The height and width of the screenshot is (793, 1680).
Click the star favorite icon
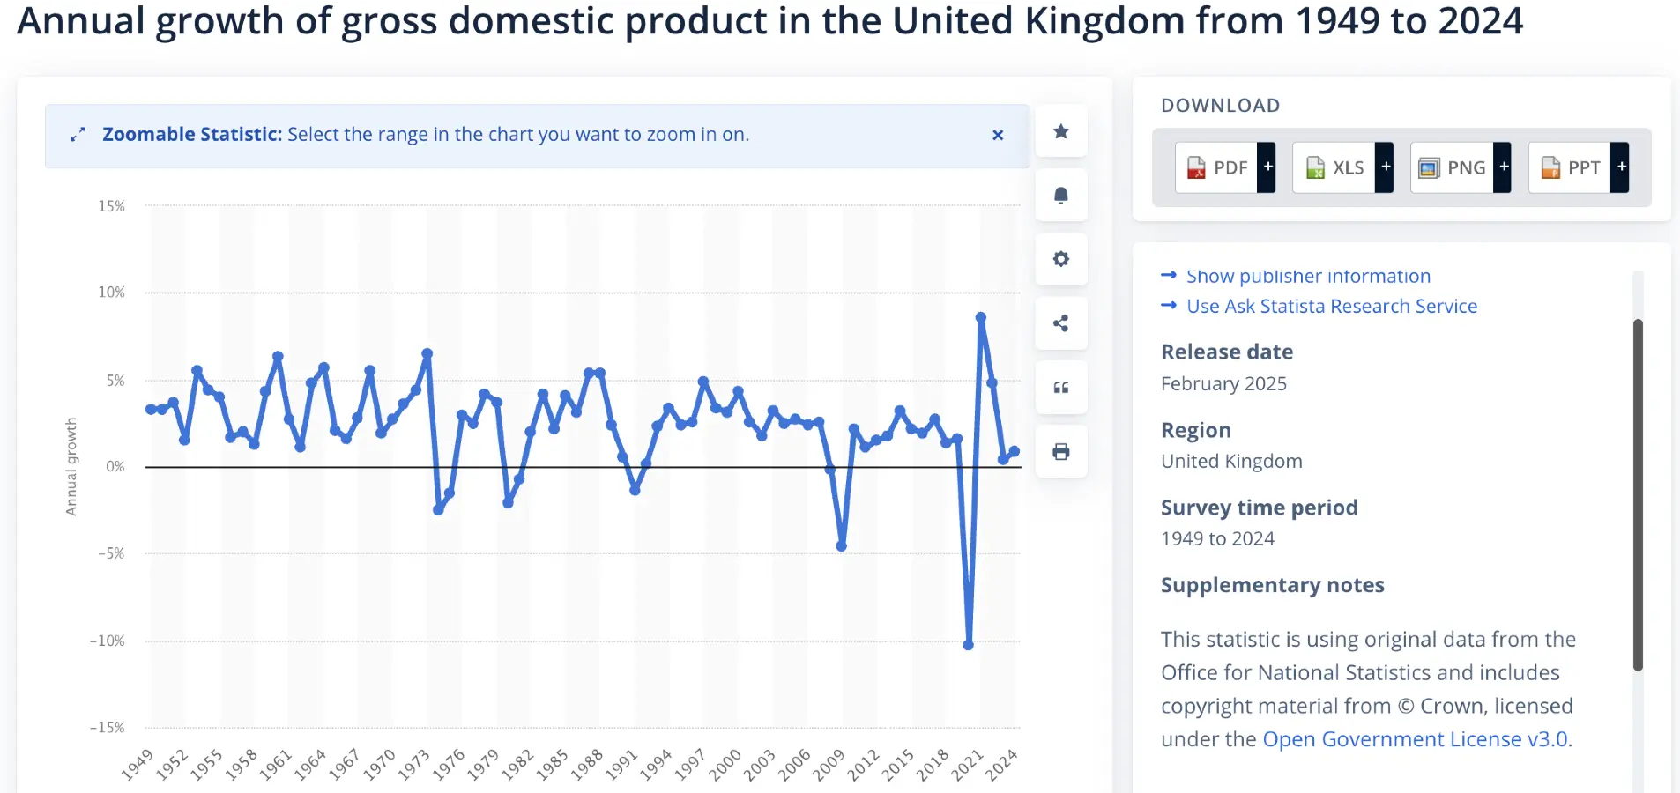[1061, 131]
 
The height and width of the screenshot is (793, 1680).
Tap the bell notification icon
[1061, 195]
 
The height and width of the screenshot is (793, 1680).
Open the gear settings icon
[1061, 259]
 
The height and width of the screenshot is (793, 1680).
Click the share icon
[1061, 323]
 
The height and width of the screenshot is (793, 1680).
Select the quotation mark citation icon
[1061, 388]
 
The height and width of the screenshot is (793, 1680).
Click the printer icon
[1061, 452]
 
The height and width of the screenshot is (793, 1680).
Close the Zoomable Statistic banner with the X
[998, 135]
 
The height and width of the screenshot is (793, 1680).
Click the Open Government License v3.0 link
[1415, 739]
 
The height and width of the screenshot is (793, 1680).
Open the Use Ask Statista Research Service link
[1331, 306]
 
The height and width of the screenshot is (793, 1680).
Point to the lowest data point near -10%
[968, 645]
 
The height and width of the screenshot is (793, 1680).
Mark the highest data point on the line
[980, 317]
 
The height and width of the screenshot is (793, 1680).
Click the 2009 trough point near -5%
[842, 546]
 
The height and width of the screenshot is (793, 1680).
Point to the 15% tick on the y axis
[112, 206]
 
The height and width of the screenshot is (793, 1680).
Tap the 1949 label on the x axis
[138, 765]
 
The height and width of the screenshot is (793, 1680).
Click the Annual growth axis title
[71, 466]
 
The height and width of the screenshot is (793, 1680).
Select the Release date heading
[1226, 352]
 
